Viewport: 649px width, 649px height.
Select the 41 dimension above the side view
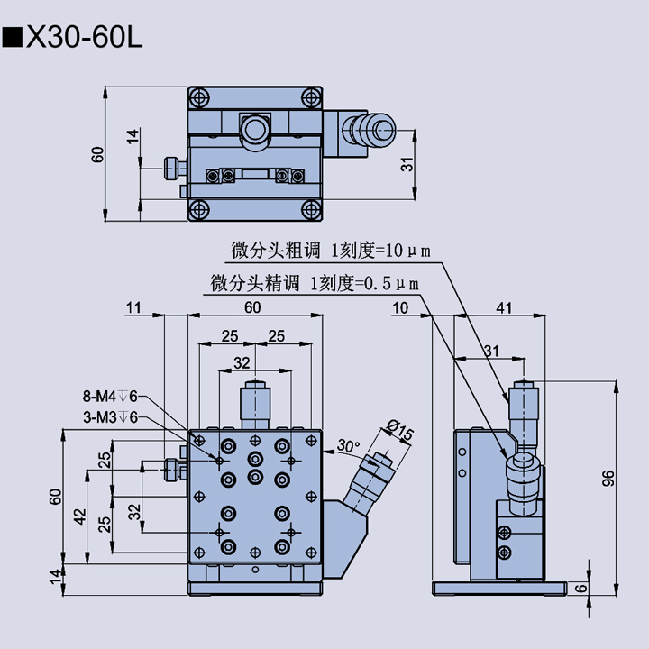pyautogui.click(x=504, y=308)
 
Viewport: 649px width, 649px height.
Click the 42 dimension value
pyautogui.click(x=80, y=517)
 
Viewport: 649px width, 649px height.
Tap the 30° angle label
pyautogui.click(x=347, y=445)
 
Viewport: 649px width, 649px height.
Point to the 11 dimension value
pyautogui.click(x=134, y=308)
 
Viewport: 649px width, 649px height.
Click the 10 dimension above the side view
pyautogui.click(x=400, y=308)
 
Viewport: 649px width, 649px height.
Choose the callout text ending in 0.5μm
pyautogui.click(x=315, y=282)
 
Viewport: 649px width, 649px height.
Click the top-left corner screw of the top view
pyautogui.click(x=199, y=96)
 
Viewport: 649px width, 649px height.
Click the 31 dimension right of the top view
pyautogui.click(x=407, y=164)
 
